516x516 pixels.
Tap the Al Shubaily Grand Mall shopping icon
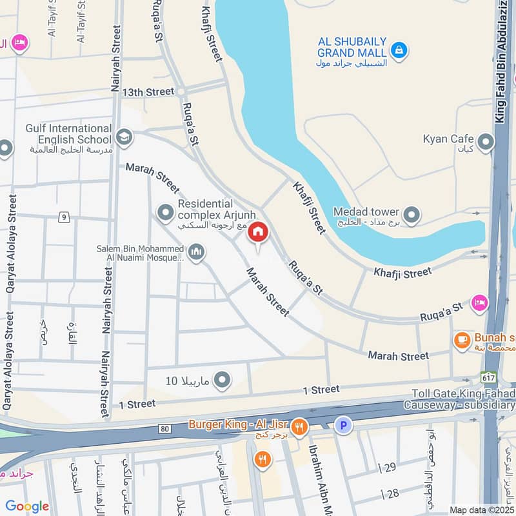(x=399, y=50)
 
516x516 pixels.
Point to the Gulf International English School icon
(x=124, y=137)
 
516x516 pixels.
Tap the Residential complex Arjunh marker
(x=166, y=212)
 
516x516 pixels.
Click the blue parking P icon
(x=343, y=425)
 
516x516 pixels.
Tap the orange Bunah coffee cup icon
(x=461, y=340)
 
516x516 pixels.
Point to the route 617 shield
(x=488, y=376)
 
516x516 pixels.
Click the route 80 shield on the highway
(x=164, y=428)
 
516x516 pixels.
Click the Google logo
(x=27, y=506)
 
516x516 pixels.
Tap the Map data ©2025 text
(x=481, y=510)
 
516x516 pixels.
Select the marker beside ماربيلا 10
(x=222, y=381)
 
